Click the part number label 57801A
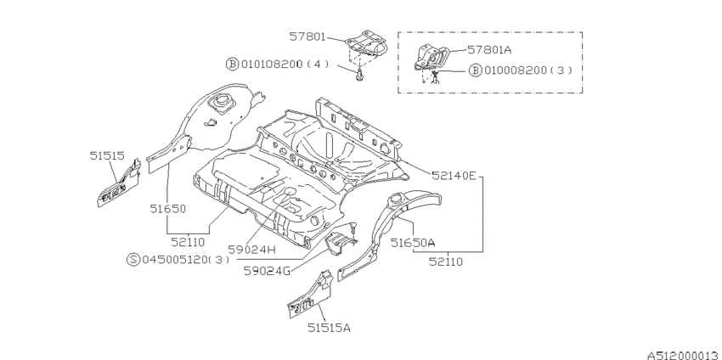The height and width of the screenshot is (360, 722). point(489,49)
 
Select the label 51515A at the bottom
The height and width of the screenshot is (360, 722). point(329,328)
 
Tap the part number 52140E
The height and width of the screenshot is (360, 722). point(454,176)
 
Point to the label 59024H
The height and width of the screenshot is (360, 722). point(251,250)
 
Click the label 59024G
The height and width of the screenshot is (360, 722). point(267,270)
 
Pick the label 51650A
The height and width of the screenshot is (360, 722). point(413,242)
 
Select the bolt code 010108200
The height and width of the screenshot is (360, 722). point(272,64)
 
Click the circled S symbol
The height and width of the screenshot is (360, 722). point(133,259)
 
